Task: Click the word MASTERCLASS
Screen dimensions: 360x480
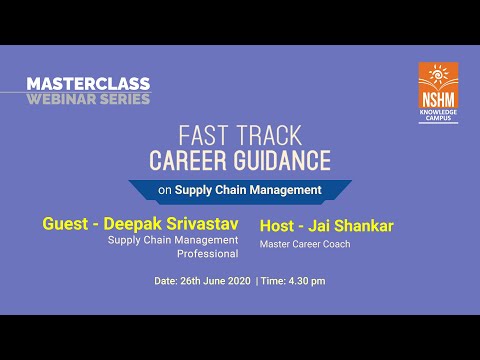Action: [88, 84]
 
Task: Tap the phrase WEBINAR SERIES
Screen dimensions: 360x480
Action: [88, 98]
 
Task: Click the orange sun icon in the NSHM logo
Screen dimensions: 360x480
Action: [438, 75]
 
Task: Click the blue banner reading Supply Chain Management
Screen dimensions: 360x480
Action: [240, 189]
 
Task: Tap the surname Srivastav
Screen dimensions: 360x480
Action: [203, 224]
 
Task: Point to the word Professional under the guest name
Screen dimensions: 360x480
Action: [207, 254]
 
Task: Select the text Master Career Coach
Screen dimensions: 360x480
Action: [305, 244]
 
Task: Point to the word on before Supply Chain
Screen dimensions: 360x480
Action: [165, 189]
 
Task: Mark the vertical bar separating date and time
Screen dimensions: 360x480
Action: [257, 281]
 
